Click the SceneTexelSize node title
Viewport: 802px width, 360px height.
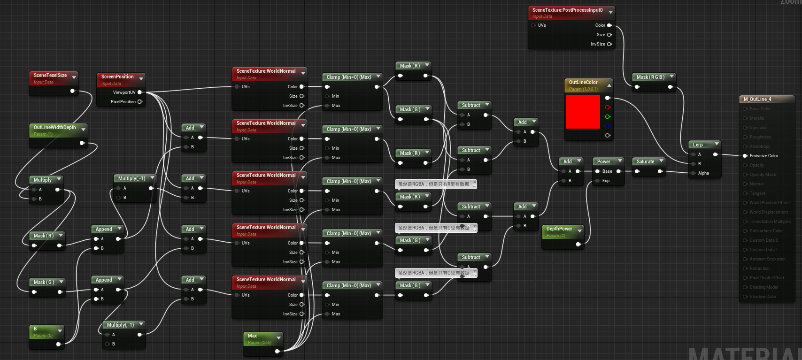click(50, 75)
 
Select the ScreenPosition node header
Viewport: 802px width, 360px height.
click(117, 77)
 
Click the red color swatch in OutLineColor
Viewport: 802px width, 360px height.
click(583, 112)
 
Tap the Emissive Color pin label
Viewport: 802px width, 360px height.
click(763, 156)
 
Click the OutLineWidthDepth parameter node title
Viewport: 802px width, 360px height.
click(54, 127)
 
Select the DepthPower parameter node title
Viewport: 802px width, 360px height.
click(559, 229)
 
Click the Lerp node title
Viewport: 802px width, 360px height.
click(698, 145)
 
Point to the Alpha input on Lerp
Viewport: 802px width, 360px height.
click(703, 173)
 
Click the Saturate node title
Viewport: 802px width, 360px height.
click(645, 161)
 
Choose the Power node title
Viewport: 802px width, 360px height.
click(603, 161)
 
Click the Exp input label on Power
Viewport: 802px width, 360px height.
click(606, 181)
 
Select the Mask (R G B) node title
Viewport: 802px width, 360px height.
click(650, 77)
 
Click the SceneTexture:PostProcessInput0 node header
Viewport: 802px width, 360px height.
click(567, 10)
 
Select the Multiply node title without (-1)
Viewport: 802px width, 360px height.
click(42, 180)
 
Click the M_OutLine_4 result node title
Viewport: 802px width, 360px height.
click(757, 99)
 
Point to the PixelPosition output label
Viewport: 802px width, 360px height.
click(123, 102)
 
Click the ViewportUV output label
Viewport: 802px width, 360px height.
click(124, 92)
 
